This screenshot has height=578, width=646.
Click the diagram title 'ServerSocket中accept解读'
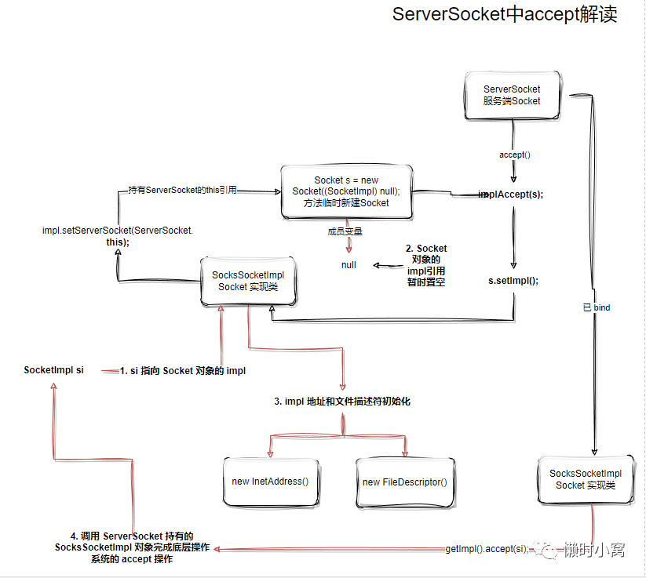point(505,14)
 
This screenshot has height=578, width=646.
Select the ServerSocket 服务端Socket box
point(512,96)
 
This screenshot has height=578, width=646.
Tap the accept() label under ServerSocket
point(515,154)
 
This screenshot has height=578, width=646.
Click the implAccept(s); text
point(511,194)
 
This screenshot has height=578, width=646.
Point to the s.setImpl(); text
point(513,281)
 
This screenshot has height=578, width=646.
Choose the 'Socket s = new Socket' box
point(346,192)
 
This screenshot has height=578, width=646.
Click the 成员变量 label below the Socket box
point(345,232)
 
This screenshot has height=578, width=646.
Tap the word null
point(349,265)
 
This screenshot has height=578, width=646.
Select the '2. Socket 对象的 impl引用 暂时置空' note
point(426,265)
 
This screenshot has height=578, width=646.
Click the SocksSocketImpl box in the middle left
point(248,282)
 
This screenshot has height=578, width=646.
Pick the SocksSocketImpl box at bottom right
point(586,480)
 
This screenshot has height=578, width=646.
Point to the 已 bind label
point(597,307)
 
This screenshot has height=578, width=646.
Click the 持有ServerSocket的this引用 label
point(183,190)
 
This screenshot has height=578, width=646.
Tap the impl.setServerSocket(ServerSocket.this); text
point(118,236)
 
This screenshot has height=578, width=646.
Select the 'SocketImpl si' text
point(53,370)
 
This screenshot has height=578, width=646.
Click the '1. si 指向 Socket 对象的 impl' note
point(183,371)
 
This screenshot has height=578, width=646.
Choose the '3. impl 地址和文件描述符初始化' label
point(342,402)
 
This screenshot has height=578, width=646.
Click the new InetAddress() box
point(271,482)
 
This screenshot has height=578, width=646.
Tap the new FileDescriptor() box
point(405,483)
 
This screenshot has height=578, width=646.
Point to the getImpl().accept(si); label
point(487,549)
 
